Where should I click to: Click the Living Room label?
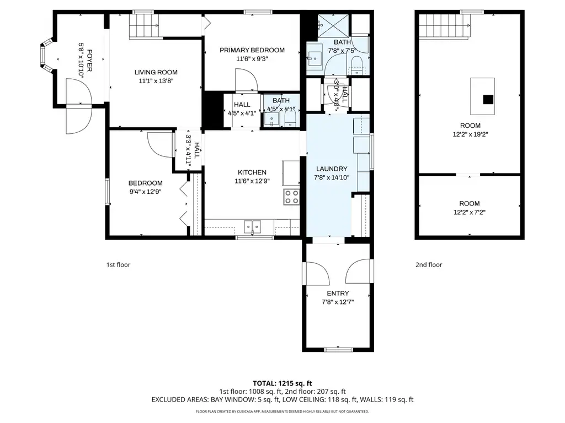pyautogui.click(x=156, y=72)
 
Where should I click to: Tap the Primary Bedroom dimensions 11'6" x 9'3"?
pyautogui.click(x=252, y=58)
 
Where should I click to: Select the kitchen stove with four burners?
pyautogui.click(x=291, y=197)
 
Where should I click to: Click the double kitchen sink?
pyautogui.click(x=253, y=226)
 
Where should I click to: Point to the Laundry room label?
pyautogui.click(x=332, y=169)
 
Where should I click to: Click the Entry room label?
pyautogui.click(x=338, y=293)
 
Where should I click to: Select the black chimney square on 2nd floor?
pyautogui.click(x=488, y=99)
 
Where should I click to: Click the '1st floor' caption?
pyautogui.click(x=118, y=265)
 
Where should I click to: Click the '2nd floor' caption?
pyautogui.click(x=429, y=265)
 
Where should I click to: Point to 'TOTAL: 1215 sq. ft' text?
pyautogui.click(x=282, y=383)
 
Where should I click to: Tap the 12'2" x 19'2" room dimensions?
pyautogui.click(x=470, y=134)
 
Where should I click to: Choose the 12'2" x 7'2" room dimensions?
pyautogui.click(x=470, y=212)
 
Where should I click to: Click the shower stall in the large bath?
pyautogui.click(x=333, y=26)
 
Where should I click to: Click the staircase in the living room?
pyautogui.click(x=144, y=25)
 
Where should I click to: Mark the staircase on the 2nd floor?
pyautogui.click(x=444, y=26)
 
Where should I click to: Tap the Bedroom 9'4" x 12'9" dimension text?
pyautogui.click(x=145, y=192)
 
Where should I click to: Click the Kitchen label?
pyautogui.click(x=252, y=172)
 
